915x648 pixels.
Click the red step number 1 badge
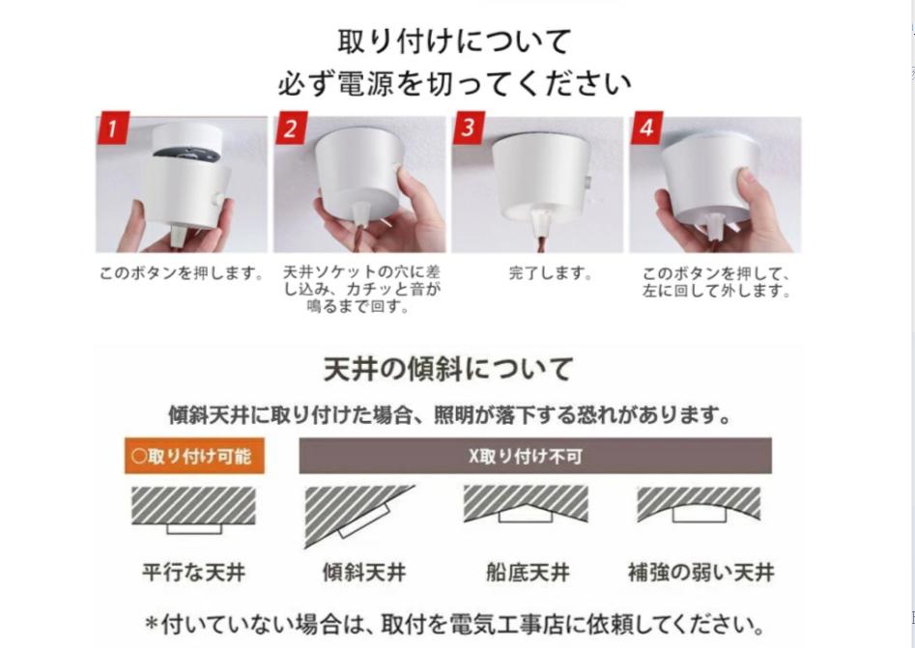113,127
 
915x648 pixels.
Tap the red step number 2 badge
291,127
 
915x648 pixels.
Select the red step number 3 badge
468,127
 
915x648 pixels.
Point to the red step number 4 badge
646,127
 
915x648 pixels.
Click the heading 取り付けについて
454,42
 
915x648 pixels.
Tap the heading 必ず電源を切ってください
454,83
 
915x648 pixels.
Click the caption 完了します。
551,273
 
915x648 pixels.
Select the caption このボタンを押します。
182,273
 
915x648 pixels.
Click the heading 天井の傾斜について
448,369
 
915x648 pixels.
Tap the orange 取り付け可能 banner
194,456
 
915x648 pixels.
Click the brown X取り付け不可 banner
535,456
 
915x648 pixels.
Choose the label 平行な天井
194,572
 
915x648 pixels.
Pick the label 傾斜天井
364,572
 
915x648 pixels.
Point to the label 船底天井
528,572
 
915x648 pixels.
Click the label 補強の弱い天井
701,572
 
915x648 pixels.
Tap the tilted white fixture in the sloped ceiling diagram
364,521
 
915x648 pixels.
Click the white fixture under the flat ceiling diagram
194,528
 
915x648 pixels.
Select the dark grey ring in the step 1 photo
186,154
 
